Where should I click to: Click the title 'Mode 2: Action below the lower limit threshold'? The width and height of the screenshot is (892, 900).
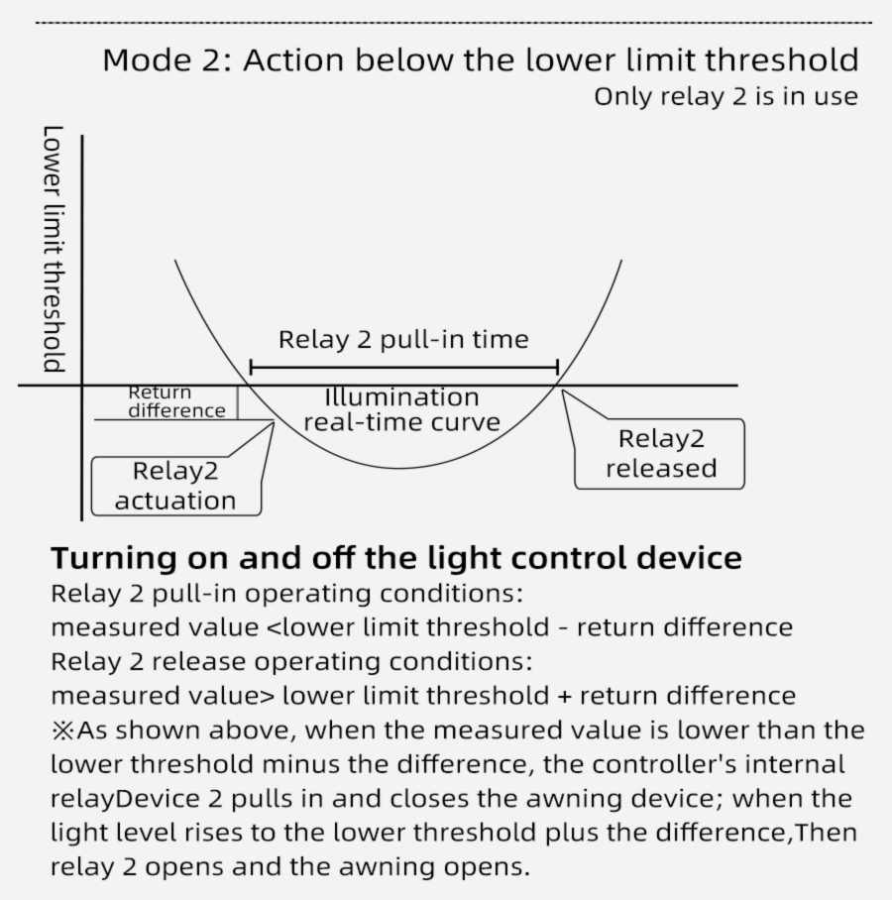pos(481,60)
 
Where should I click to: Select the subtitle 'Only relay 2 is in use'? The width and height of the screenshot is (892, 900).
pos(725,97)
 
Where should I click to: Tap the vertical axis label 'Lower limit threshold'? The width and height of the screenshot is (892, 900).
pos(54,249)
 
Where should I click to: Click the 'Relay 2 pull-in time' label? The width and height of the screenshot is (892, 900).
pos(403,340)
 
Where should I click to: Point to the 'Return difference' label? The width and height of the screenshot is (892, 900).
pos(176,401)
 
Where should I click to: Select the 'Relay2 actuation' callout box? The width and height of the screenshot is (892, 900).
pos(175,486)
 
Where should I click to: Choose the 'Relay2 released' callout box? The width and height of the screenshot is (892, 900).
pos(660,454)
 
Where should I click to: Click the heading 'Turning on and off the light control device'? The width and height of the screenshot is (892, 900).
pos(396,558)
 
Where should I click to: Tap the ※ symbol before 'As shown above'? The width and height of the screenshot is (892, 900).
pos(62,731)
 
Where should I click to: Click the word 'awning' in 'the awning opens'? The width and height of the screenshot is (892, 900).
pos(405,867)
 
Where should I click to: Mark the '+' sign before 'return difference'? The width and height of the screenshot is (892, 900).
pos(565,696)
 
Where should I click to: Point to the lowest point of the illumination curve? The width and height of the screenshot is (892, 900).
pos(399,468)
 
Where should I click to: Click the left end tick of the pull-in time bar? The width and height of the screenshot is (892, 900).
pos(251,369)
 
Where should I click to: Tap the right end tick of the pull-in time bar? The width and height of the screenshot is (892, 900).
pos(557,369)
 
